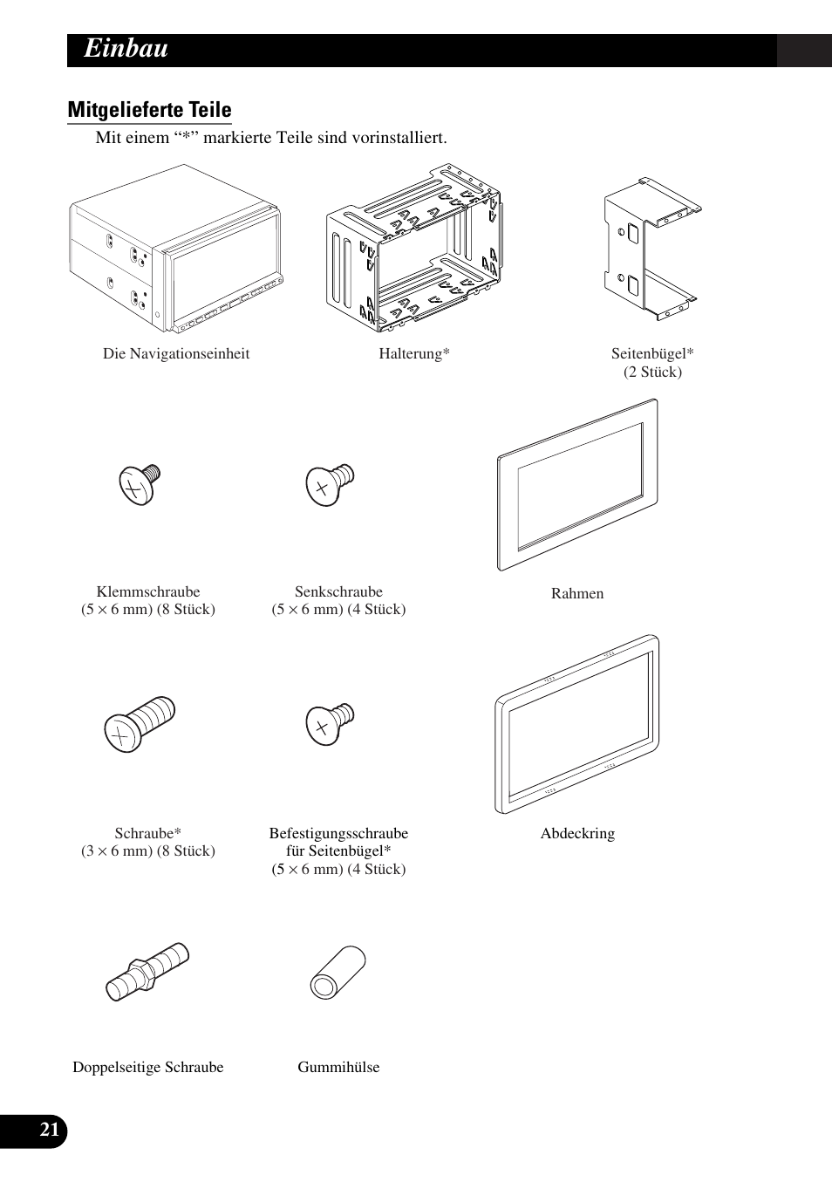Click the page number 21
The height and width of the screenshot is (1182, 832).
pos(50,1131)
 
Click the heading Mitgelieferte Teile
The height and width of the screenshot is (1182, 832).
pos(149,110)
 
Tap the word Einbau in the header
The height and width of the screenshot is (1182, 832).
pos(126,50)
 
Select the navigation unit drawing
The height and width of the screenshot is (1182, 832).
pos(176,261)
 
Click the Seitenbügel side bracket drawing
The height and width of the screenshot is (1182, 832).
pos(651,249)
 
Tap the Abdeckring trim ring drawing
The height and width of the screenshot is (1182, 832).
pos(576,724)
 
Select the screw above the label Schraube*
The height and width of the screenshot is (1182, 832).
pos(139,723)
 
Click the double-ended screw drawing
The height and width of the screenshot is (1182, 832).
pos(147,970)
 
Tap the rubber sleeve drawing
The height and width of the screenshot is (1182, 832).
pos(338,971)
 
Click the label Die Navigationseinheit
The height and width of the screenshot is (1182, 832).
pos(176,353)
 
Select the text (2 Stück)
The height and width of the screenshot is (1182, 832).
pos(652,372)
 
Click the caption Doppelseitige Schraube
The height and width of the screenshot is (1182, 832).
pos(148,1067)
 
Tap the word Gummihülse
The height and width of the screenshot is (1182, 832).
pos(338,1067)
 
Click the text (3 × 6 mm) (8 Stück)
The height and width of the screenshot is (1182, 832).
pos(148,851)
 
